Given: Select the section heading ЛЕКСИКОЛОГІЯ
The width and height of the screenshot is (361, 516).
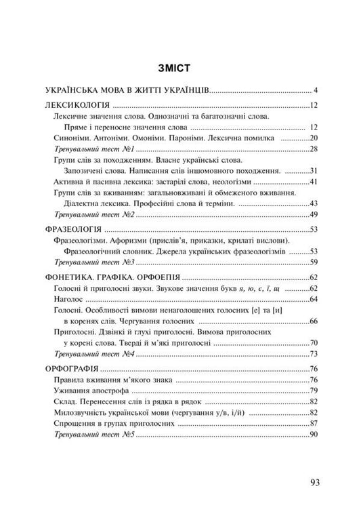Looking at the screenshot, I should (77, 106).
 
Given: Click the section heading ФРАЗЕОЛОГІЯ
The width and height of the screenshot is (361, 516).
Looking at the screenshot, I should (75, 230).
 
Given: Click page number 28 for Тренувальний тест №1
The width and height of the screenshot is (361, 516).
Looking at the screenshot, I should (314, 148).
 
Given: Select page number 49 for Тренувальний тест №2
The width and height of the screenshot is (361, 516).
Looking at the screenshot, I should (314, 214).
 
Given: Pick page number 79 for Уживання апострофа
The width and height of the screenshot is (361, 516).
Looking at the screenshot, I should (314, 391).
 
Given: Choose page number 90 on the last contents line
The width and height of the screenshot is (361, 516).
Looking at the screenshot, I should (314, 434).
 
